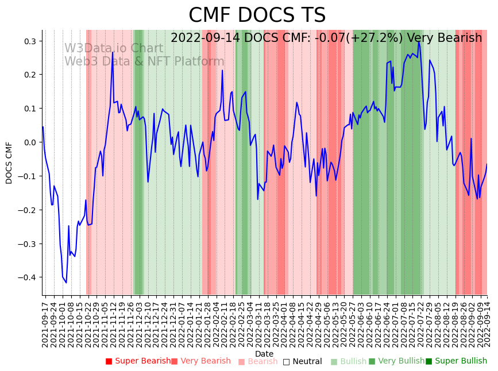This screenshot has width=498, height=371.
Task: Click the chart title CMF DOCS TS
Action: click(257, 16)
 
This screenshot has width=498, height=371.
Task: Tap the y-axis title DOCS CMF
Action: click(9, 163)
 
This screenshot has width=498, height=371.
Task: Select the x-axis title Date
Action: click(264, 354)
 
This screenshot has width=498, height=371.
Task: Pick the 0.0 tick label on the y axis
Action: click(30, 142)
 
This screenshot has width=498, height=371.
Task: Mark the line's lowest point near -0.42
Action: click(66, 283)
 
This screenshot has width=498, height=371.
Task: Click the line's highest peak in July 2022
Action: click(419, 42)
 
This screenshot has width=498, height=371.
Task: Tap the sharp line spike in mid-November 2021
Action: click(113, 52)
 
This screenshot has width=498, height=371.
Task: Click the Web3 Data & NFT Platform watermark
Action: click(144, 61)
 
